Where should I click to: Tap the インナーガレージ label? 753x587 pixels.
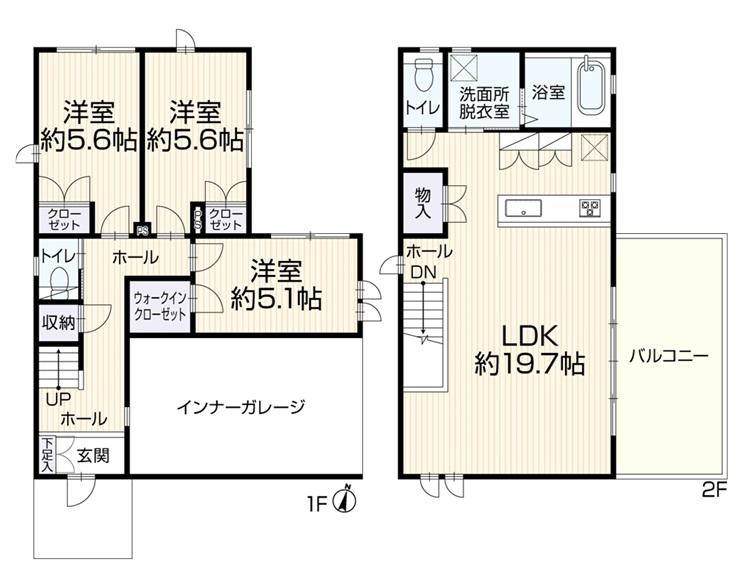click(x=241, y=407)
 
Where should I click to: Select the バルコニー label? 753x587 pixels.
click(x=669, y=356)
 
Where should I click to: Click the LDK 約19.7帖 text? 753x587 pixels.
click(x=530, y=350)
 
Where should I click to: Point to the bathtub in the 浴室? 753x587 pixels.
click(x=590, y=87)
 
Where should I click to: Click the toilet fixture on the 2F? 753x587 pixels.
click(x=423, y=75)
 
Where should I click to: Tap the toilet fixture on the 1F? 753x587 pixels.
click(x=60, y=281)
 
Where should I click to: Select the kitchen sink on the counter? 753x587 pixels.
click(x=523, y=209)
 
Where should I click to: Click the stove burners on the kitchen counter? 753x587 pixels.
click(x=589, y=208)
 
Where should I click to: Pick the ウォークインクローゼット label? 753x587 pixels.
click(x=160, y=306)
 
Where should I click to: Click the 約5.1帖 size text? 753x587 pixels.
click(x=276, y=300)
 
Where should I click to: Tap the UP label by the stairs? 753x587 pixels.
click(x=59, y=399)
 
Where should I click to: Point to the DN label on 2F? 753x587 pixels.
click(x=423, y=272)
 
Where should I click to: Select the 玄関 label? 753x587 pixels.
click(x=94, y=455)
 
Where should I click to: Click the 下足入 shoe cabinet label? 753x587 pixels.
click(x=47, y=454)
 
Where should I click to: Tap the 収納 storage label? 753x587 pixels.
click(x=59, y=322)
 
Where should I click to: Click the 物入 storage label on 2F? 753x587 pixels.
click(x=423, y=203)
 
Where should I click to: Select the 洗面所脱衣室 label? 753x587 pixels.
click(x=484, y=102)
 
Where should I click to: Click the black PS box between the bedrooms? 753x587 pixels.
click(x=142, y=230)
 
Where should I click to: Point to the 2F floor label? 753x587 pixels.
click(x=715, y=489)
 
